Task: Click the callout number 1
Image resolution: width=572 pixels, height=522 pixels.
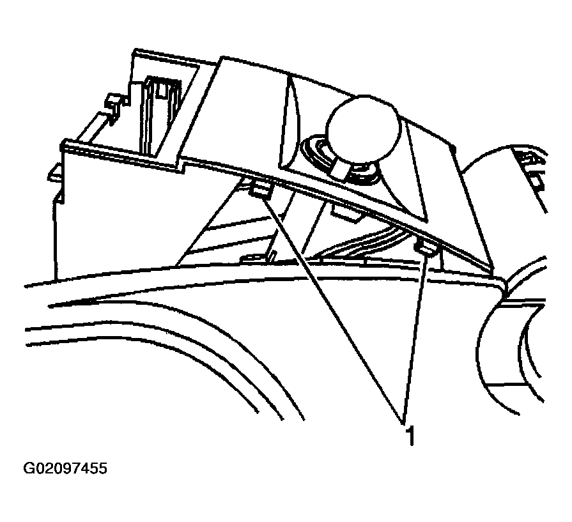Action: coord(411,436)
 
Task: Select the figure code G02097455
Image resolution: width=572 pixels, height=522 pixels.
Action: coord(65,468)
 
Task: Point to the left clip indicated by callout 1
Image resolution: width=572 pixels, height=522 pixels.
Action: coord(261,191)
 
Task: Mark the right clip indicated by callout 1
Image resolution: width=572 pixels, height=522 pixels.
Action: coord(426,249)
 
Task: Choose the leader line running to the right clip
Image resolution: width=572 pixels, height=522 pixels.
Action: coord(414,338)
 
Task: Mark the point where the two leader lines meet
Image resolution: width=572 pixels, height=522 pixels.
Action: coord(403,423)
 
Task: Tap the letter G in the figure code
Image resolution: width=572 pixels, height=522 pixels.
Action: coord(28,468)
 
